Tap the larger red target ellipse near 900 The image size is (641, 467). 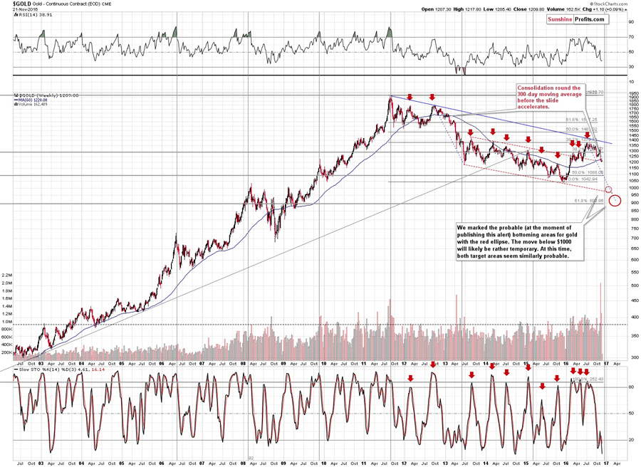point(615,201)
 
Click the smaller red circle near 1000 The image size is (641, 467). point(608,189)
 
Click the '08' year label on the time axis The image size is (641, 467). point(244,363)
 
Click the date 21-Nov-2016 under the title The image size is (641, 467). point(15,9)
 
